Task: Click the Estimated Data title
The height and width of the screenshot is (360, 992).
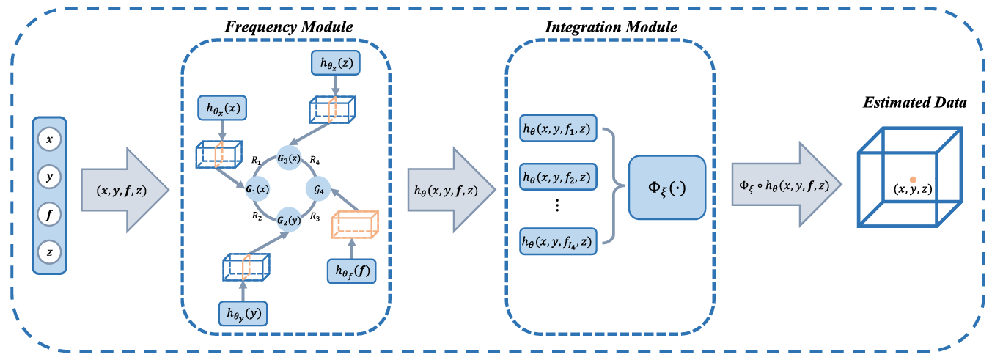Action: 913,103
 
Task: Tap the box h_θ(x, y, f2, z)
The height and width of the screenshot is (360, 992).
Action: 558,177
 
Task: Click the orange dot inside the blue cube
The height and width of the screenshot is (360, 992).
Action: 912,179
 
